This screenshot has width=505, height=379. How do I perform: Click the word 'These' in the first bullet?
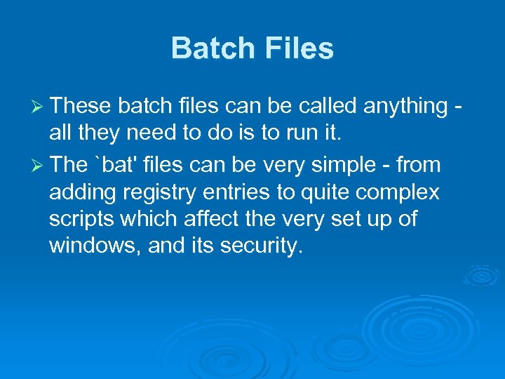point(81,106)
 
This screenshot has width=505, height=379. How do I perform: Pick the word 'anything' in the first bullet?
point(405,106)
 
